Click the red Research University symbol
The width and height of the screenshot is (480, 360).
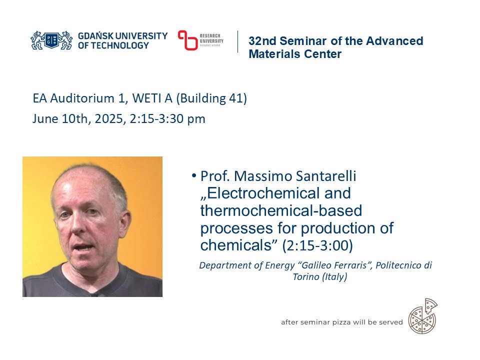click(x=188, y=40)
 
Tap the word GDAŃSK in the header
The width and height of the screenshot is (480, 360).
click(x=96, y=36)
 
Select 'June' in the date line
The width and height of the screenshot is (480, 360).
click(x=44, y=119)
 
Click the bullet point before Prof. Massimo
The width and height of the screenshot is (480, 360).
click(x=193, y=176)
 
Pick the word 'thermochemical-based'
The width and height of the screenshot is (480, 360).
click(x=280, y=210)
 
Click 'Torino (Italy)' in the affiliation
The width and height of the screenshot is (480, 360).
click(x=319, y=277)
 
